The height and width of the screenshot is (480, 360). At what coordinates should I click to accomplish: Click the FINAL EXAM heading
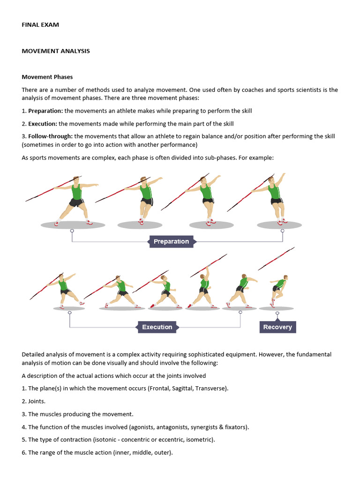click(40, 25)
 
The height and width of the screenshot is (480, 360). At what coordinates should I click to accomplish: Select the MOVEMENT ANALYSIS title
click(56, 51)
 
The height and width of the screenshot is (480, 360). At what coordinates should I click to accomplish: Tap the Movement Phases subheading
click(47, 77)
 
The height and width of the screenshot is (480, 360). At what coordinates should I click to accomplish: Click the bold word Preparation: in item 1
click(45, 111)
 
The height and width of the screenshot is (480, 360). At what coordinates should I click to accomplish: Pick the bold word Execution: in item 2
click(43, 124)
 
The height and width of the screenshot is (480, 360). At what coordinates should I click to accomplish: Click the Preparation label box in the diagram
click(171, 241)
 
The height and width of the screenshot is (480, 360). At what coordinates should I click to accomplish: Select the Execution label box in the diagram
click(157, 327)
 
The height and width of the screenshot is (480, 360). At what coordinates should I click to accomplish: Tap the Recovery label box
click(277, 327)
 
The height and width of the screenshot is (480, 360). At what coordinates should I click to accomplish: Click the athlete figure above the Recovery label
click(278, 291)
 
